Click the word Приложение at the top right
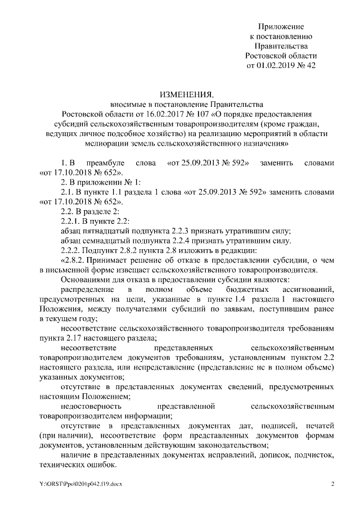point(281,27)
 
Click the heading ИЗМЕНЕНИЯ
point(179,94)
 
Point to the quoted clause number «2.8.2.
point(75,260)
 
